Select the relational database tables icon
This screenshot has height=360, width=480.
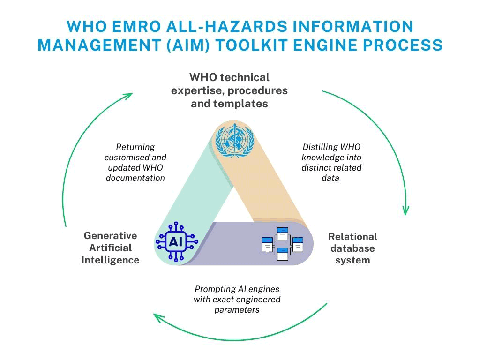[x=282, y=243]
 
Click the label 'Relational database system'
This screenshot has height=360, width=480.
[x=352, y=248]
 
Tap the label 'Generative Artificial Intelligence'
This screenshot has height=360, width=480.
[x=111, y=248]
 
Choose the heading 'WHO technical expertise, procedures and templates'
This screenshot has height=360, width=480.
[x=229, y=90]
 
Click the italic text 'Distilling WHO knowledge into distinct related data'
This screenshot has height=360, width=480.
[x=332, y=162]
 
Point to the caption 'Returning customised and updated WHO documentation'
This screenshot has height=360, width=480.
[x=135, y=162]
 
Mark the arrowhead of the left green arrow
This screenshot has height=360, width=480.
[x=127, y=95]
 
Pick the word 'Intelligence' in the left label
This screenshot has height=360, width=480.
[x=111, y=260]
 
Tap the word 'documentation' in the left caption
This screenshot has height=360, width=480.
[x=135, y=178]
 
